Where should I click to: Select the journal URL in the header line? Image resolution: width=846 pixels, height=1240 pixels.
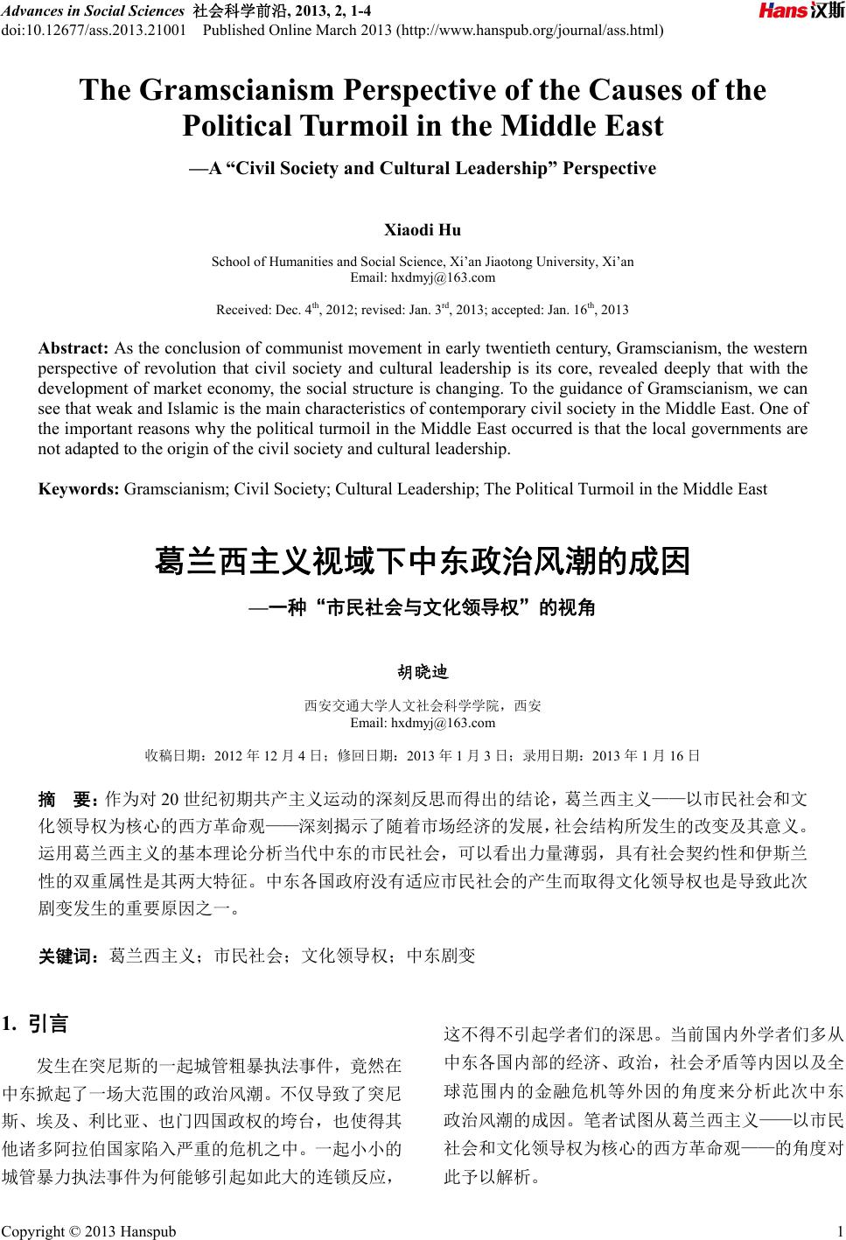530,31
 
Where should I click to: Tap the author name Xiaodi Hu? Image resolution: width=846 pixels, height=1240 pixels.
423,230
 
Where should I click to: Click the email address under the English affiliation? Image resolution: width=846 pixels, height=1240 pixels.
423,277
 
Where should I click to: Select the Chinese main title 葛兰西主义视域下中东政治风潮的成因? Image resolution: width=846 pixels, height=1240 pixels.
423,562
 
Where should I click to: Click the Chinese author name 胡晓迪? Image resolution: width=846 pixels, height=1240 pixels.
423,672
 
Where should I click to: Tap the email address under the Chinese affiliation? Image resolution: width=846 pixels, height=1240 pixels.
423,723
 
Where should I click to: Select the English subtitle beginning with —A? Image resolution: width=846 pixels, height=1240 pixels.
423,168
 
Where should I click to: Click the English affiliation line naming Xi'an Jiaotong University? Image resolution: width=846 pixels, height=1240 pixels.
423,262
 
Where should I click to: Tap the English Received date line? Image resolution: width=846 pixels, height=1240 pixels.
423,310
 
